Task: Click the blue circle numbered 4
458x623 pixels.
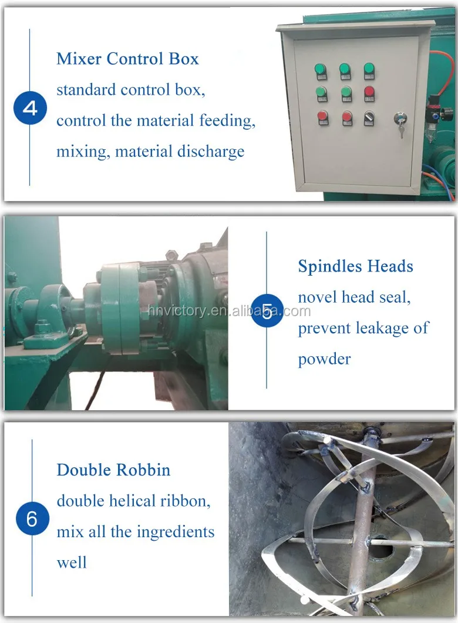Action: click(x=30, y=108)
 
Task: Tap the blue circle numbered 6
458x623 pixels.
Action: click(x=32, y=518)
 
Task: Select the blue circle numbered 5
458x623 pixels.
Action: click(x=267, y=311)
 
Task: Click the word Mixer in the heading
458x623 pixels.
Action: click(x=79, y=59)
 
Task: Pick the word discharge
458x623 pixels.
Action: click(x=211, y=152)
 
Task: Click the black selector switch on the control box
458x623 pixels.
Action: click(x=369, y=118)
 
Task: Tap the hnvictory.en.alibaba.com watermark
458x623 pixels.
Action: click(x=229, y=310)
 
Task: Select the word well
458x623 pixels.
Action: click(x=72, y=562)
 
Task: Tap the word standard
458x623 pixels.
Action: click(x=86, y=90)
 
